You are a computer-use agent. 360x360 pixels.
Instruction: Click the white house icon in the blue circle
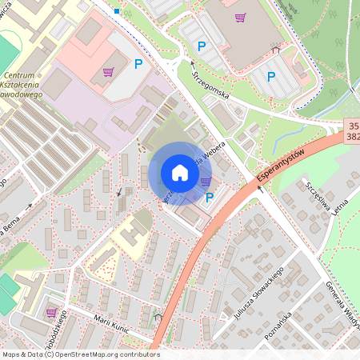180,173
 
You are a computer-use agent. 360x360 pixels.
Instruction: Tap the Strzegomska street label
211,84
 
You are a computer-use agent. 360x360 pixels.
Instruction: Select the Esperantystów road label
282,166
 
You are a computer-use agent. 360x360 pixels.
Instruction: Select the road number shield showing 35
353,126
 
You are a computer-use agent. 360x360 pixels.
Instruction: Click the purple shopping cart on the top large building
240,18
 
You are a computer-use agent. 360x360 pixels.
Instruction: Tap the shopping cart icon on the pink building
108,72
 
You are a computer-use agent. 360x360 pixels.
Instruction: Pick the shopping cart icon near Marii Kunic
52,313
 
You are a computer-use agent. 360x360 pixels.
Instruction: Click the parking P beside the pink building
139,63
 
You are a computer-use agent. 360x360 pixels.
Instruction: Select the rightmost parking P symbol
271,77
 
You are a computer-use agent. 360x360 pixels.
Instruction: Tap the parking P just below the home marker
210,198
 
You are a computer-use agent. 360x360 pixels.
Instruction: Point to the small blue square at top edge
117,11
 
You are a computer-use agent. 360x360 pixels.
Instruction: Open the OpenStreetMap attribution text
80,354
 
